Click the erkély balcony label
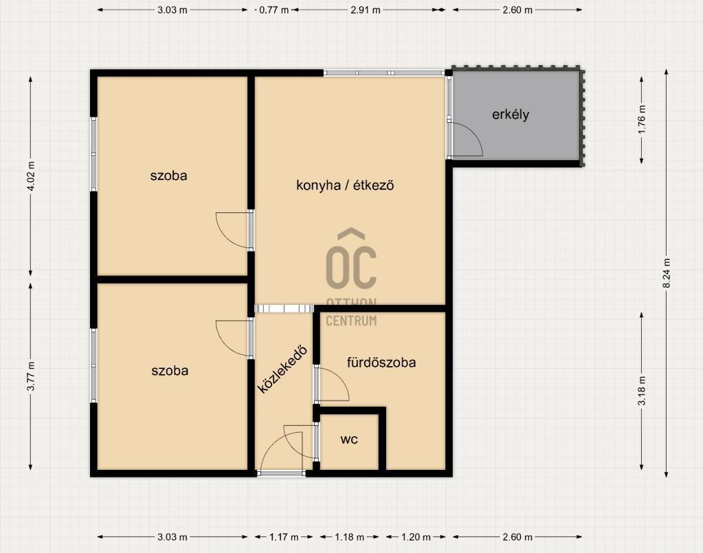point(510,115)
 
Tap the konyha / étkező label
point(345,185)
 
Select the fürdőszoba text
point(381,362)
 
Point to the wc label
point(349,440)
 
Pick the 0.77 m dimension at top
point(274,10)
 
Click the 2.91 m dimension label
point(366,10)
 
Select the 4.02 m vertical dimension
point(31,176)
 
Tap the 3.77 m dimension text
point(31,376)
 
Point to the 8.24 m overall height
point(667,273)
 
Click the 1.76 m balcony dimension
point(642,120)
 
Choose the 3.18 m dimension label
point(642,391)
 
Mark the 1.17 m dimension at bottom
point(284,537)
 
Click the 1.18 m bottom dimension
point(349,537)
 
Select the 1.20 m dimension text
point(415,537)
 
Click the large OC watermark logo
point(351,259)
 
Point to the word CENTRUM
point(351,321)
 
